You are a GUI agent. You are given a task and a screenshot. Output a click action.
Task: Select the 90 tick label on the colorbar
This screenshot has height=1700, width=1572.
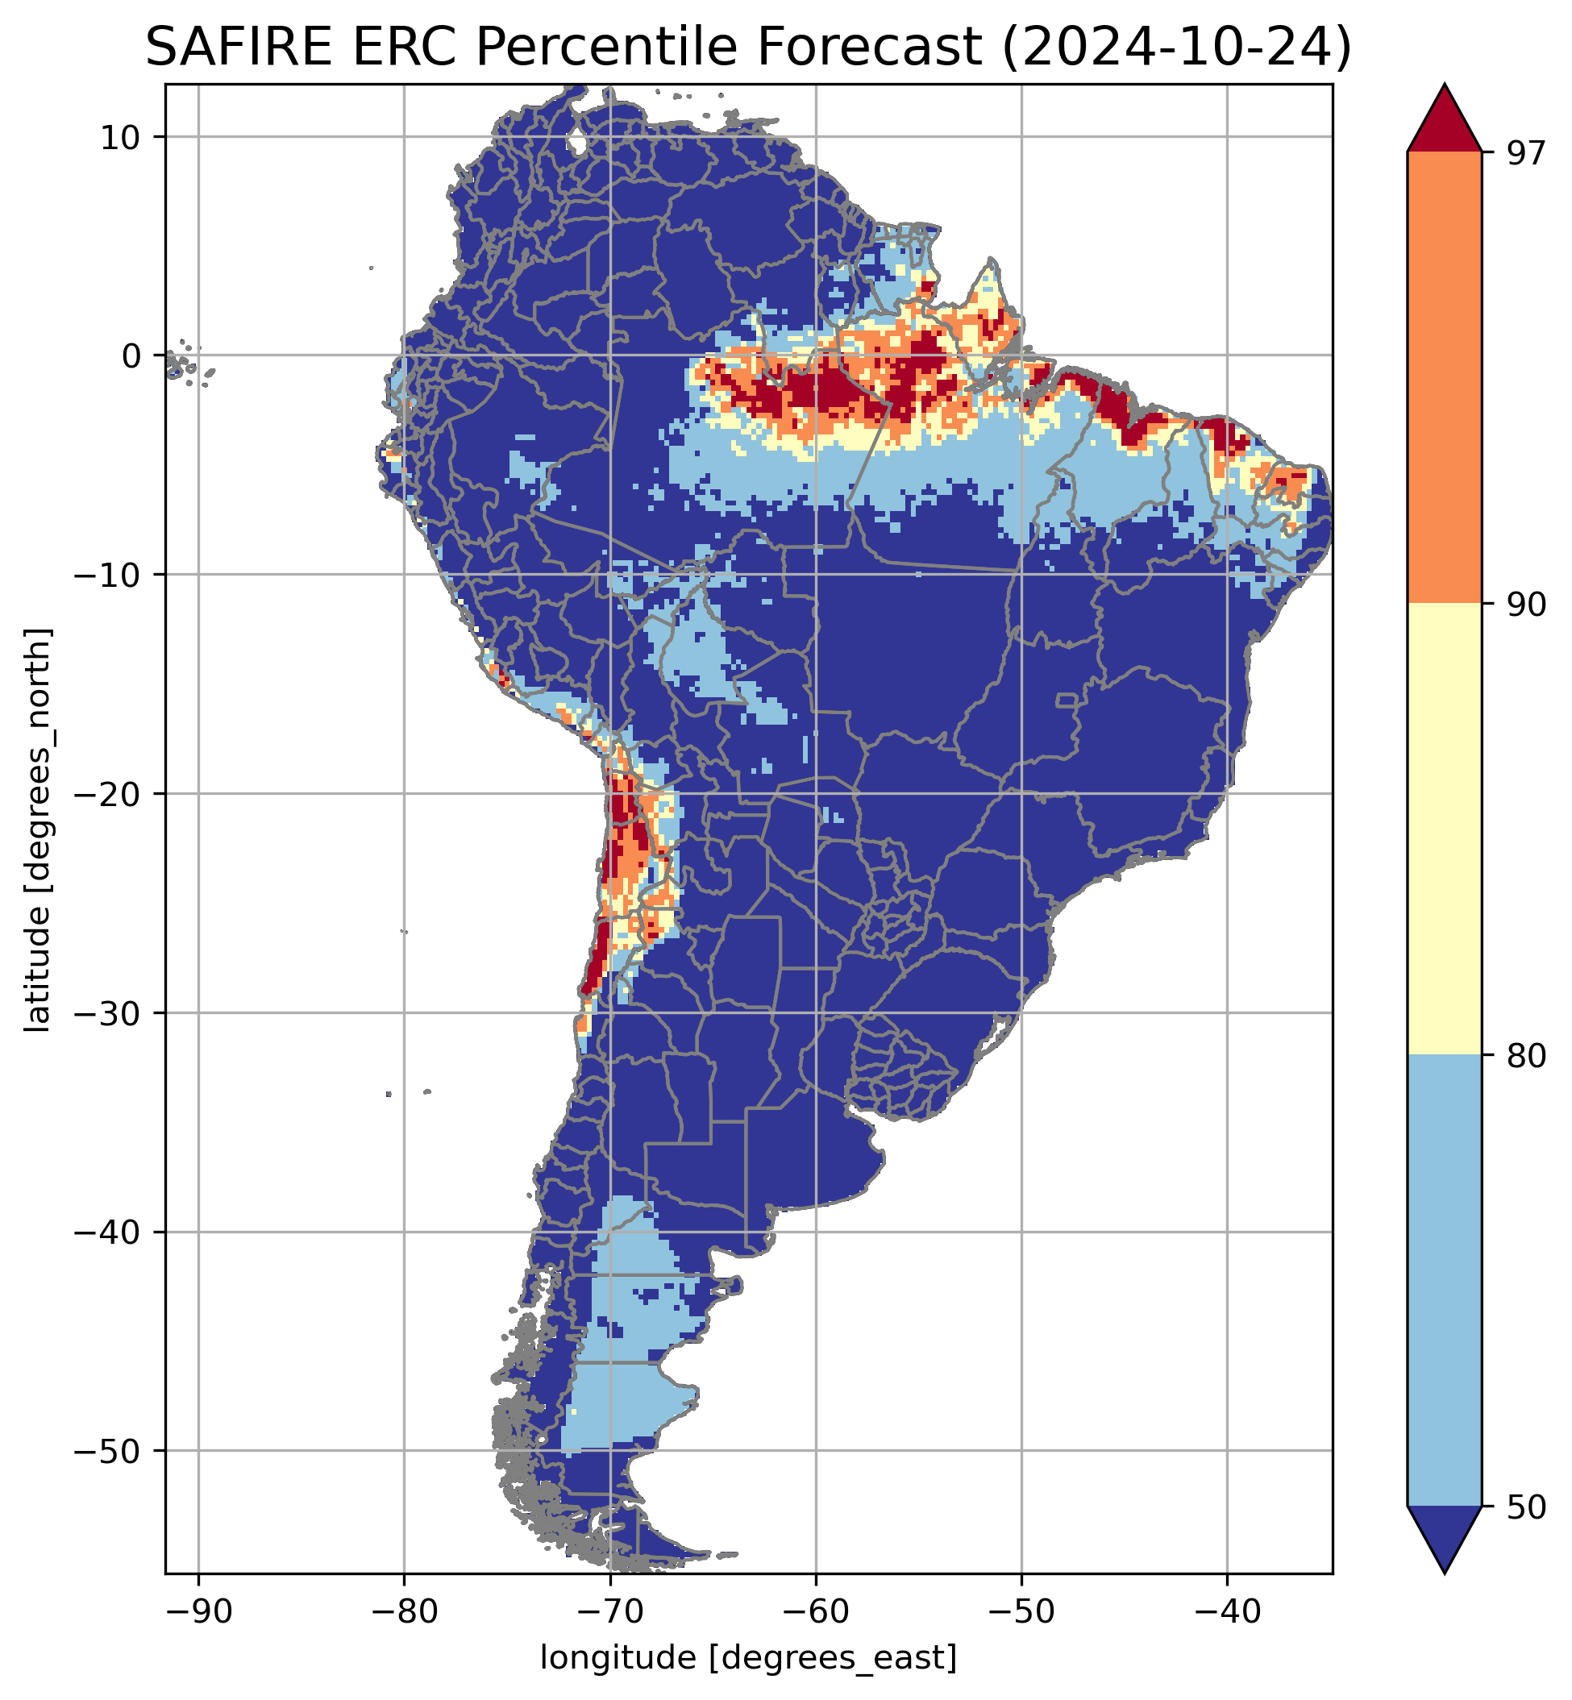pos(1526,605)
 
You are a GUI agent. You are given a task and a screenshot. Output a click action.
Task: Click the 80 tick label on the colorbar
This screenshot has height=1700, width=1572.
pos(1526,1055)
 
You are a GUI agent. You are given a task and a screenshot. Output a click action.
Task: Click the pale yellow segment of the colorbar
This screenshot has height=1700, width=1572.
pos(1445,829)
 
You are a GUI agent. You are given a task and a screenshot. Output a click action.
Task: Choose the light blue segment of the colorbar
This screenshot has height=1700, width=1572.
pos(1445,1280)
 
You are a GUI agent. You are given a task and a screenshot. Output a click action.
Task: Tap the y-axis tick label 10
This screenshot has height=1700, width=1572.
pos(120,137)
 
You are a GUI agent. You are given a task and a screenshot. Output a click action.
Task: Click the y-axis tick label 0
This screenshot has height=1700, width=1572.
pos(130,356)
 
